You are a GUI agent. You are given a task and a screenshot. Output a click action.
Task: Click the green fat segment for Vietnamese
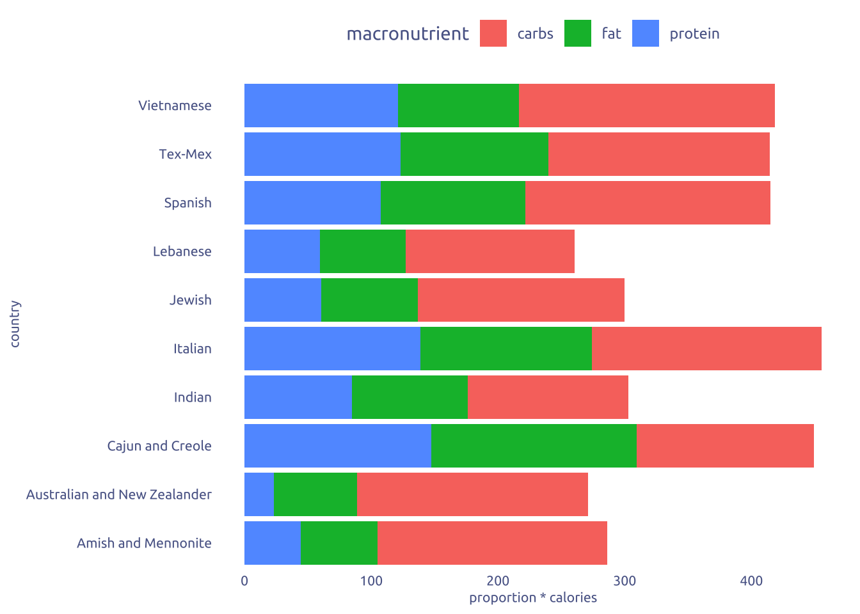458,106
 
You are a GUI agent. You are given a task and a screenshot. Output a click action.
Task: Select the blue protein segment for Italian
332,349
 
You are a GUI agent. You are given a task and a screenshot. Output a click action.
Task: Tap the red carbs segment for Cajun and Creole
725,446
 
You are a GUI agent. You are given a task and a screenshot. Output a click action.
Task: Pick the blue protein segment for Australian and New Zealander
259,494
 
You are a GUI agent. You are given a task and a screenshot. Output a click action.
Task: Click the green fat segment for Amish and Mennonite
338,543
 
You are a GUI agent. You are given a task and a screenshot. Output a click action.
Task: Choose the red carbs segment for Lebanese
490,251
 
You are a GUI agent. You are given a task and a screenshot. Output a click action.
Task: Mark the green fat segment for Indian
410,397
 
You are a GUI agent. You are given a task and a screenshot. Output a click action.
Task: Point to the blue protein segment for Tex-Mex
322,154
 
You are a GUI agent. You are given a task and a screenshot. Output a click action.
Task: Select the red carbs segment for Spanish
648,203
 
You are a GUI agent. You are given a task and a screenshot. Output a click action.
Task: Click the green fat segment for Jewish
369,300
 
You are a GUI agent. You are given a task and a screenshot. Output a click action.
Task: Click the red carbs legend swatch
493,34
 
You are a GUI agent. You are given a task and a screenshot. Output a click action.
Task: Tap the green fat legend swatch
578,34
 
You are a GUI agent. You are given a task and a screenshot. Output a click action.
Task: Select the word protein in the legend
694,34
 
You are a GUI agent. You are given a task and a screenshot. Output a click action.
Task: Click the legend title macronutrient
408,34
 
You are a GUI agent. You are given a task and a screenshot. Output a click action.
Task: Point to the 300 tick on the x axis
625,581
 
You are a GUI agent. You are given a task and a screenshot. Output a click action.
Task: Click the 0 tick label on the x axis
244,581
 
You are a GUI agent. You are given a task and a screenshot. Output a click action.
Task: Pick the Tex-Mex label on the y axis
186,154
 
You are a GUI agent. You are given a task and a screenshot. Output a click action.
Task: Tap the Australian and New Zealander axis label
119,494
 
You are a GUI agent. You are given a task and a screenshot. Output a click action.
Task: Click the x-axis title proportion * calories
533,598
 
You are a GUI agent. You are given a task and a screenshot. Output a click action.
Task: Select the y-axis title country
15,324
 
